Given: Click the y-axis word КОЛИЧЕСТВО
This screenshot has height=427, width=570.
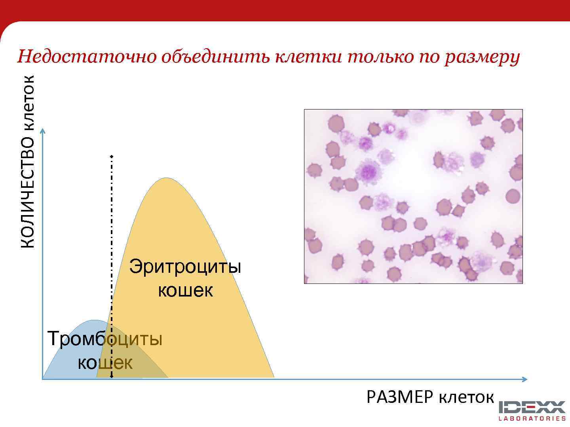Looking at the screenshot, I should pos(28,192).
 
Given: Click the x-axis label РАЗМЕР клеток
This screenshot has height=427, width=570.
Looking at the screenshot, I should pos(430,397).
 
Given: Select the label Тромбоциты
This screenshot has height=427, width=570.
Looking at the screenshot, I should pos(105,339).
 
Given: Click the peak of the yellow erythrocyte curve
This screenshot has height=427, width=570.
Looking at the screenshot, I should pos(166,179).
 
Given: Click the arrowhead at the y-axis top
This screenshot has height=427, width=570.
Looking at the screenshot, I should pos(43,131).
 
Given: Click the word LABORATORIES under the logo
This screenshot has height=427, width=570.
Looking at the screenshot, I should pos(532,418).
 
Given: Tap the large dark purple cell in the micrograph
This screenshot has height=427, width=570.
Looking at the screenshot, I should pos(368,171).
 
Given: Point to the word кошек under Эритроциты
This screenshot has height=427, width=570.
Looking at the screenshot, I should pos(185,291).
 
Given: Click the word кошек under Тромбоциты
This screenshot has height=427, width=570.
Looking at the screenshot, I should pos(105,363).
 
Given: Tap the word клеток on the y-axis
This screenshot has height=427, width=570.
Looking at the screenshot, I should pos(28,102).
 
